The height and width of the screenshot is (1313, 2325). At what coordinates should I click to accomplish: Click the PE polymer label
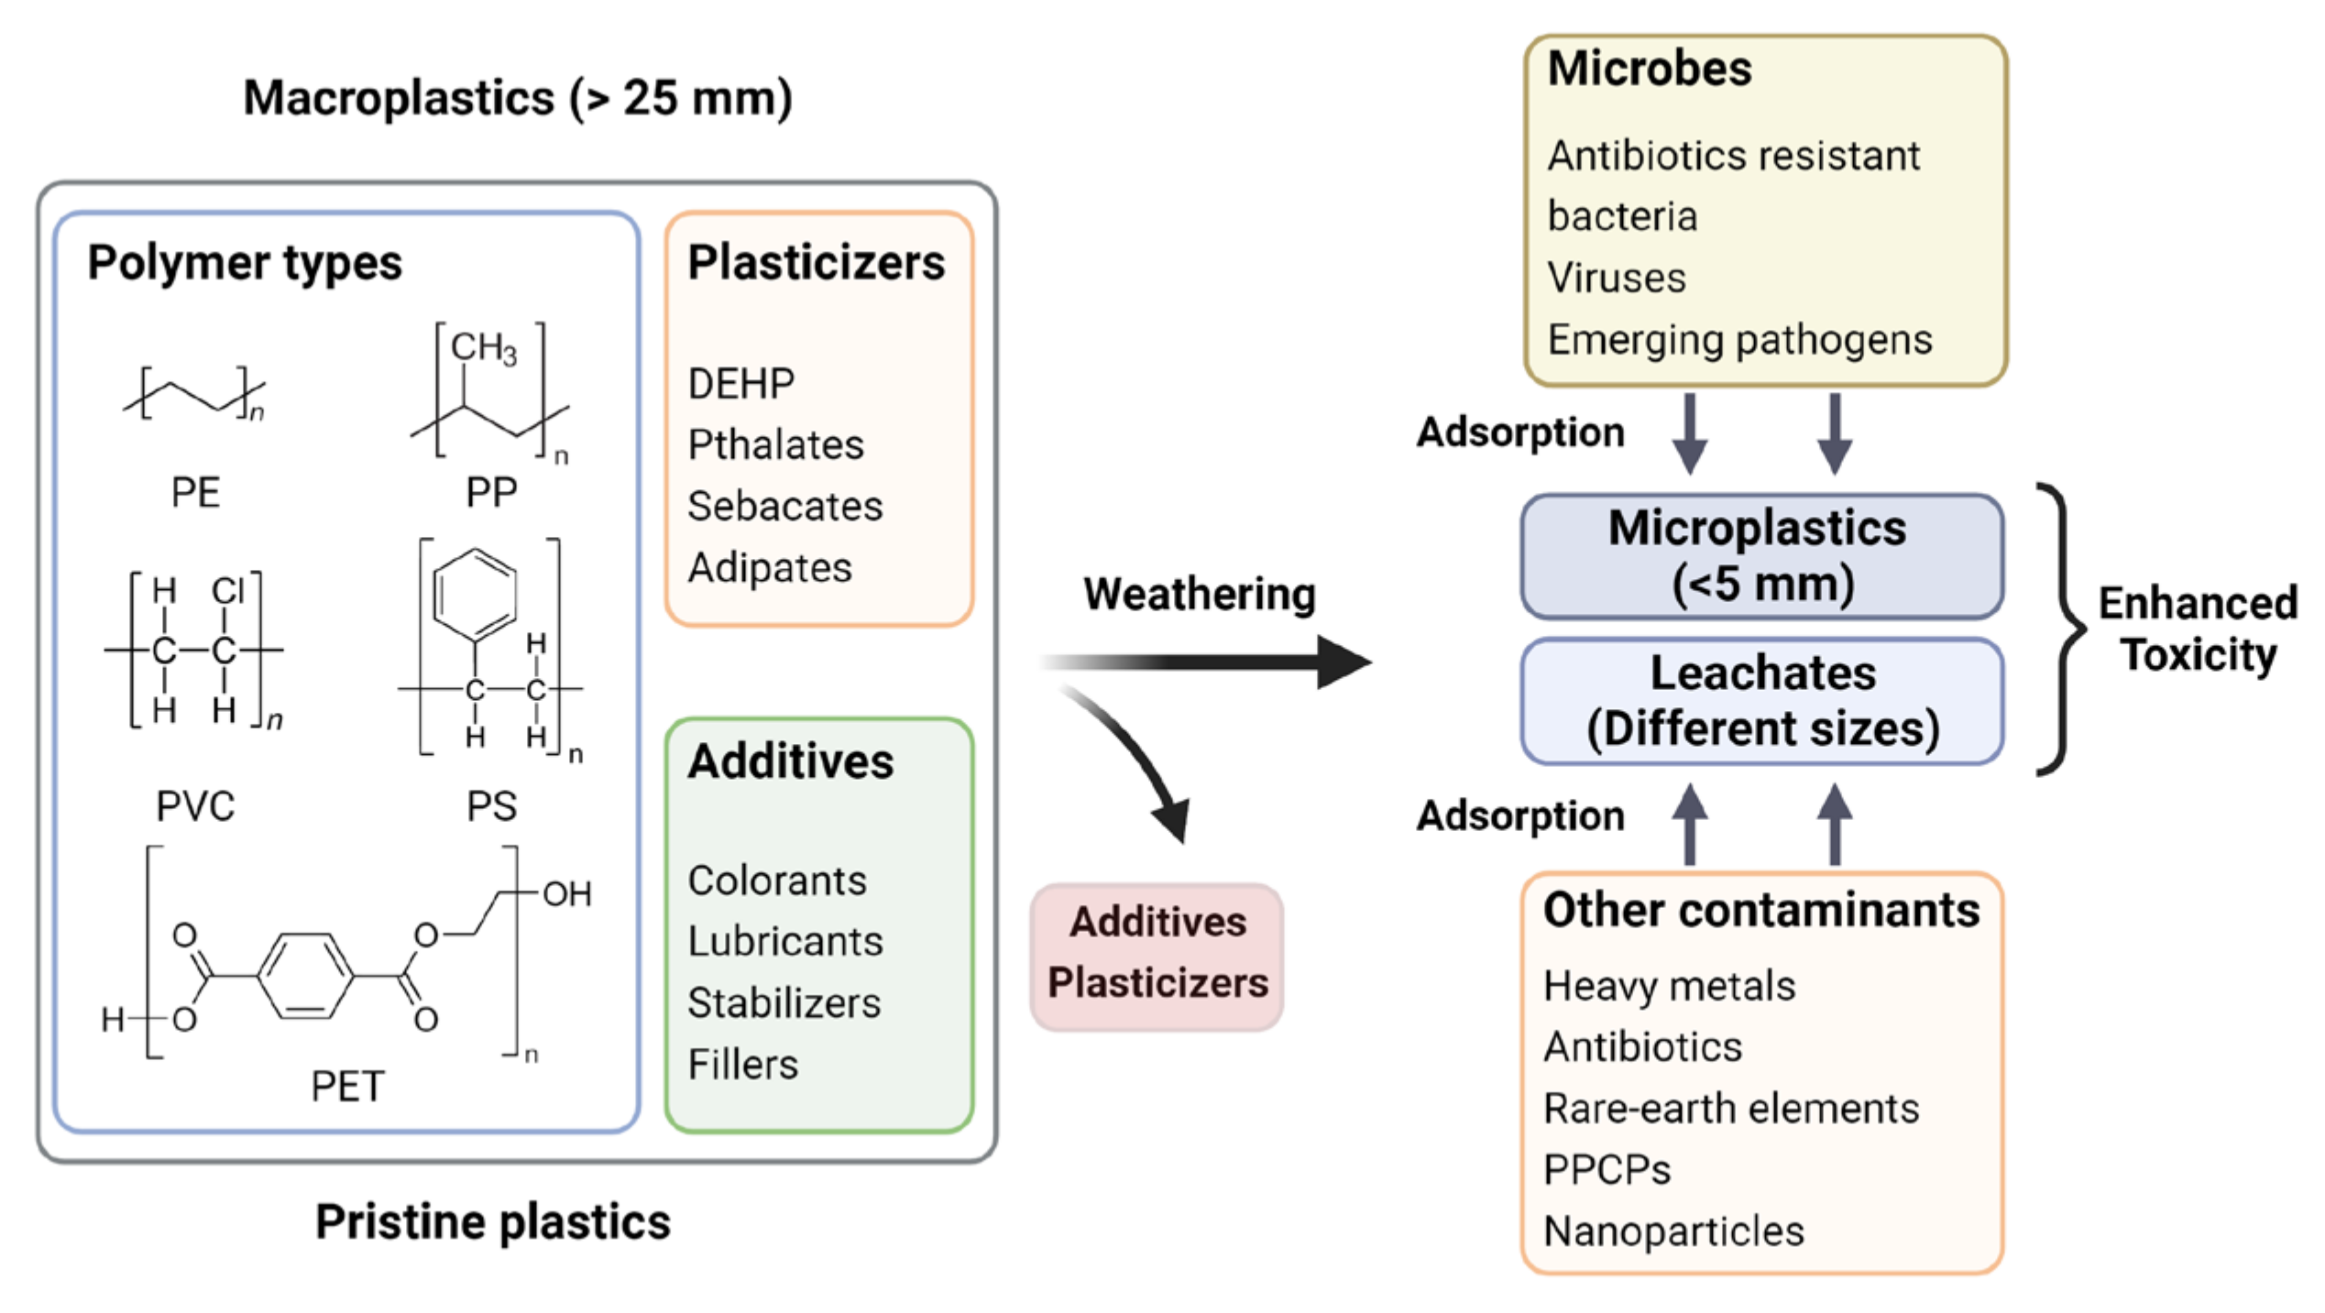click(x=195, y=492)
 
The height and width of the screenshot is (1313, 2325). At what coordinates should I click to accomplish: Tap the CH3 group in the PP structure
click(x=483, y=348)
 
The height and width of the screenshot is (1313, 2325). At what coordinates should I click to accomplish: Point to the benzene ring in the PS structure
click(x=474, y=595)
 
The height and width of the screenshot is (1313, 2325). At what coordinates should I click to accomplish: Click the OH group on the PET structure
click(x=566, y=893)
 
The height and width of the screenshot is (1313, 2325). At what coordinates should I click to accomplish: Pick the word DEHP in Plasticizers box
click(x=740, y=384)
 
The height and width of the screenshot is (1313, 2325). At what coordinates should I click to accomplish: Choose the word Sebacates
click(x=784, y=506)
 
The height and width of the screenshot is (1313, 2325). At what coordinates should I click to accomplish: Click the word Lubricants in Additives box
click(x=785, y=941)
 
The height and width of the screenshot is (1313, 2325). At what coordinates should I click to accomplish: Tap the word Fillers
click(x=742, y=1065)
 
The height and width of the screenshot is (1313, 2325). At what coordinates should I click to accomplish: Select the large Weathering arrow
click(x=1210, y=662)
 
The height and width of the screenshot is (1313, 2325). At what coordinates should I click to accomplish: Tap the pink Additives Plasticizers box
click(x=1157, y=955)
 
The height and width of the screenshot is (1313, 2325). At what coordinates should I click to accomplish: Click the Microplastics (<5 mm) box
click(x=1760, y=556)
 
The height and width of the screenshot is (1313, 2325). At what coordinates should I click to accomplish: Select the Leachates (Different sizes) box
click(x=1760, y=701)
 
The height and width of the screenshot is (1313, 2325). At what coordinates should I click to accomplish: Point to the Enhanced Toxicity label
click(x=2198, y=629)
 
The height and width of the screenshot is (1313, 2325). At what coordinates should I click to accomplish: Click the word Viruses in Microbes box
click(x=1616, y=278)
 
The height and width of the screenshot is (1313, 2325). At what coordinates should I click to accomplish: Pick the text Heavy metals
click(x=1669, y=986)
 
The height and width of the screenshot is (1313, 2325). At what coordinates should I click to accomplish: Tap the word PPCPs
click(x=1607, y=1170)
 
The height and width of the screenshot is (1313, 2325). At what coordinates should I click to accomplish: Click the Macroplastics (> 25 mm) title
click(x=518, y=98)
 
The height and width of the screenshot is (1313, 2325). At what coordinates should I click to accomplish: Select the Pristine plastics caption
click(x=493, y=1221)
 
